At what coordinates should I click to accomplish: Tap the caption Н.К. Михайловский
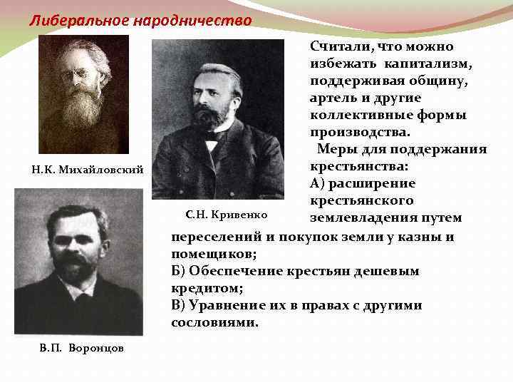point(88,170)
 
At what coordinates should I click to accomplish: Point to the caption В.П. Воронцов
point(71,347)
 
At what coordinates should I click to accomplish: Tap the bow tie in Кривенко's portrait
point(212,135)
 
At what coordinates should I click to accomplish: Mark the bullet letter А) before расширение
point(318,183)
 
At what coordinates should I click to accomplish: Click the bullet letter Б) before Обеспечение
point(180,271)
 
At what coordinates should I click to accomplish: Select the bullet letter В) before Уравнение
point(180,305)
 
